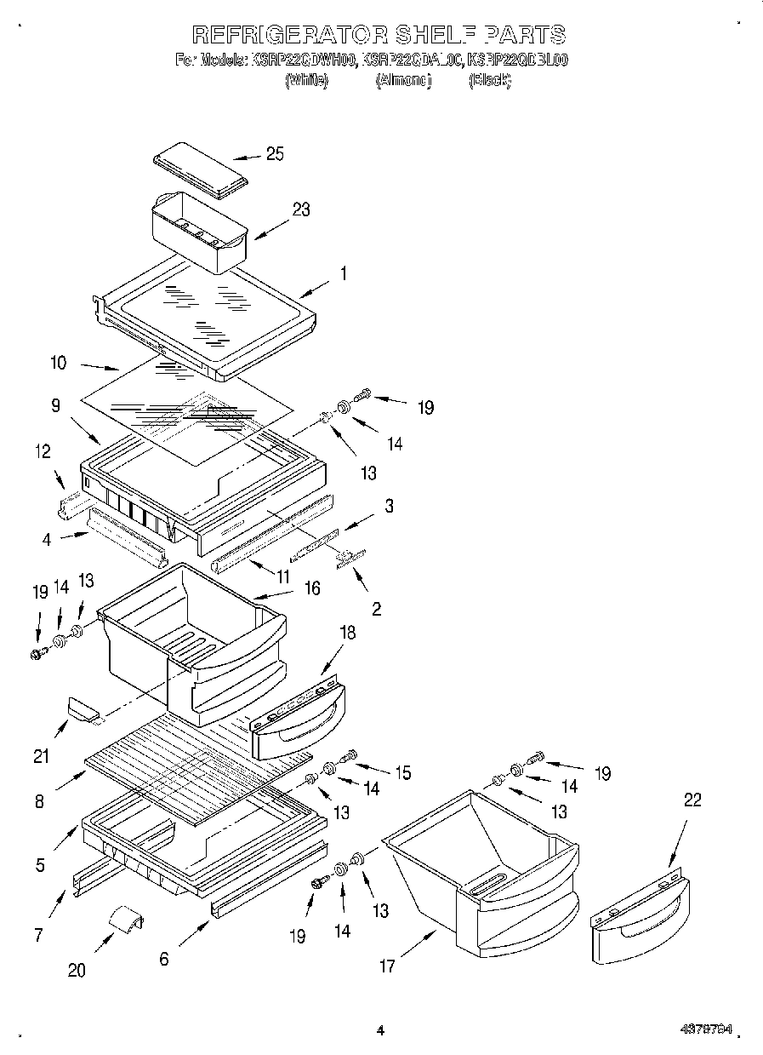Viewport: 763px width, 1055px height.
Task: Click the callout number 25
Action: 274,154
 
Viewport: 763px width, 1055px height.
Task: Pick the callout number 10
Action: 58,363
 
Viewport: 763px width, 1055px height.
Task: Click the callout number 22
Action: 692,800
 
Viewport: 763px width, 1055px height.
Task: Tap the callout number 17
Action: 387,966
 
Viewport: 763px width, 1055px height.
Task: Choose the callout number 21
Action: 41,755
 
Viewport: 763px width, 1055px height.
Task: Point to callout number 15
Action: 401,773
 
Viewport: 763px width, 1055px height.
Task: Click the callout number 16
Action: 312,588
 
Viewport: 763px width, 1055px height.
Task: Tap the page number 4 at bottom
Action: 380,1030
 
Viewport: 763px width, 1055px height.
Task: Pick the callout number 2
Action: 376,609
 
